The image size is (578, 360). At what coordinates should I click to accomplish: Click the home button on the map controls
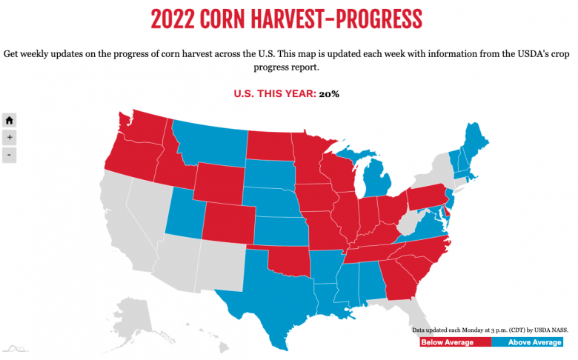[10, 120]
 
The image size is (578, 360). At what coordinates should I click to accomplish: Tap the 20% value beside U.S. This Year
[330, 94]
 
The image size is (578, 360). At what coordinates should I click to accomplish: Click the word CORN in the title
[246, 19]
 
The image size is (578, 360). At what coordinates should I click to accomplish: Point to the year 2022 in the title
[176, 19]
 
